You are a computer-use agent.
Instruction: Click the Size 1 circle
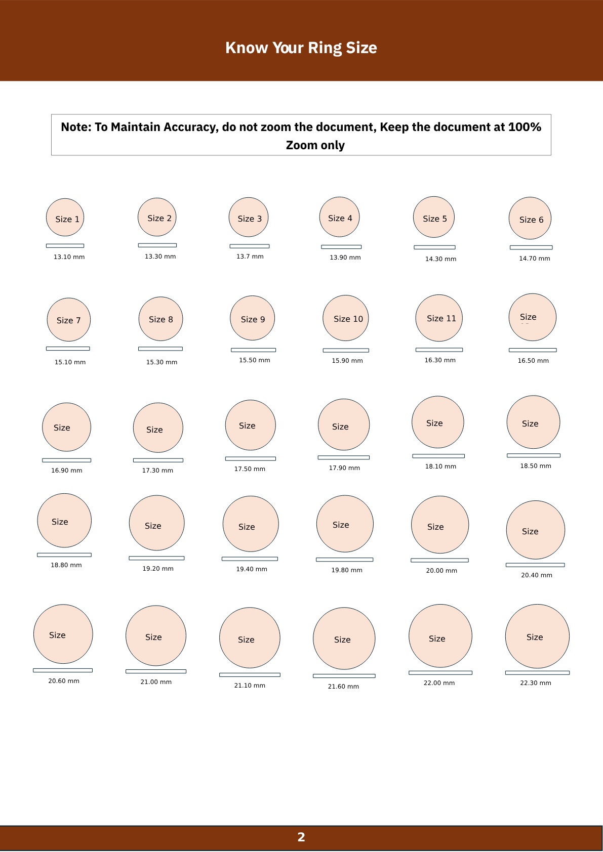(x=65, y=218)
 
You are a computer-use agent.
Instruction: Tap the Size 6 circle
(x=530, y=219)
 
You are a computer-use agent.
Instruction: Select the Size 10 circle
(x=346, y=318)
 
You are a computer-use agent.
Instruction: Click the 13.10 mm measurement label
(x=69, y=257)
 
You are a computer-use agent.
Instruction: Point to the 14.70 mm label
(x=534, y=259)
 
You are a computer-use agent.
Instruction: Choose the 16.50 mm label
(x=533, y=361)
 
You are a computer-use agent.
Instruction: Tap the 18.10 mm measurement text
(x=440, y=466)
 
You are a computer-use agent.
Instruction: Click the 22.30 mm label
(x=536, y=683)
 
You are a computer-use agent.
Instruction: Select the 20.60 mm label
(x=64, y=681)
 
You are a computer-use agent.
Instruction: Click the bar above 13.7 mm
(x=250, y=246)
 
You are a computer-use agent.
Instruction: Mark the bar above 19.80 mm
(x=344, y=560)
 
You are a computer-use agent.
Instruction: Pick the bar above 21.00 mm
(x=156, y=671)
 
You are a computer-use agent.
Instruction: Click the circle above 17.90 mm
(x=344, y=424)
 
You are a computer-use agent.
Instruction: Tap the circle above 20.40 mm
(x=536, y=530)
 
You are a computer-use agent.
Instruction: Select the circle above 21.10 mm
(x=250, y=637)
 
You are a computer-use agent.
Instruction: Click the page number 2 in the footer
(x=301, y=837)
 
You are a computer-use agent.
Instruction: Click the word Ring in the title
(x=325, y=48)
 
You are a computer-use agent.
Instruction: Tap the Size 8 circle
(x=160, y=319)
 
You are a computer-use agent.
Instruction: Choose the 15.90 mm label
(x=347, y=361)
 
